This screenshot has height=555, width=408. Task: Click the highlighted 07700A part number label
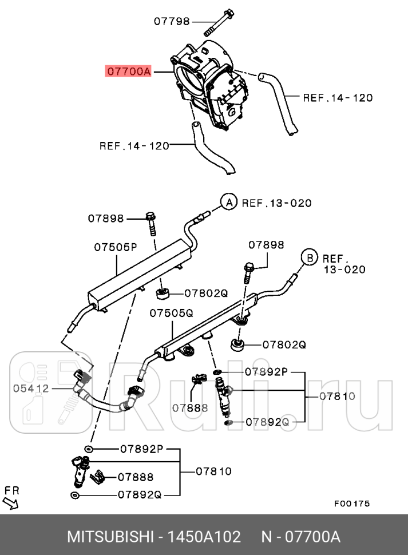128,72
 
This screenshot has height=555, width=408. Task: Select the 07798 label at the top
171,21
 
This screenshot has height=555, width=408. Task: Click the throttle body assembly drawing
212,86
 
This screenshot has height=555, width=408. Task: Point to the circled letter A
228,203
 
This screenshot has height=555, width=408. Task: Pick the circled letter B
309,258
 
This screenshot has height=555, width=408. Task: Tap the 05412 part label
31,388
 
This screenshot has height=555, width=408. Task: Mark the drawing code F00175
352,504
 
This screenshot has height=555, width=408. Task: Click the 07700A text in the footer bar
312,537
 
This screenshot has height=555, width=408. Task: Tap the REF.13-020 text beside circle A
276,203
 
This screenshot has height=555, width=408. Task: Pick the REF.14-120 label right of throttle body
338,98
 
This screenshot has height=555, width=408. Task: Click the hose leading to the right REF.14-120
281,103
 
